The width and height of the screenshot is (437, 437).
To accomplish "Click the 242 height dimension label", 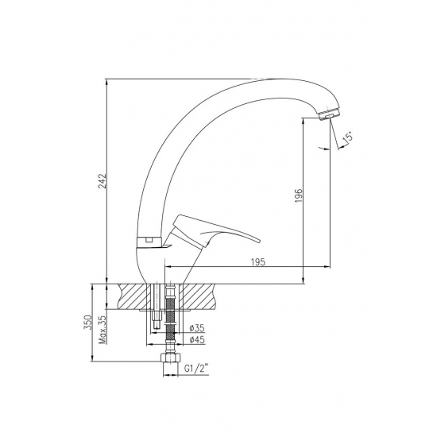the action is pyautogui.click(x=102, y=181).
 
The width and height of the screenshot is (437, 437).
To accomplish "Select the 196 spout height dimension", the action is pyautogui.click(x=299, y=195).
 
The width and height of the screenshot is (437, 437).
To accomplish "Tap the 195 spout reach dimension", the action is pyautogui.click(x=258, y=262).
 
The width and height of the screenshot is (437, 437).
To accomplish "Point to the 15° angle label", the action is pyautogui.click(x=348, y=139).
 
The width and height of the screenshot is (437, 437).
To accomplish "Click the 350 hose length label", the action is pyautogui.click(x=87, y=322).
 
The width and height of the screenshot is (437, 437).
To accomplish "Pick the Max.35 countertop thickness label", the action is pyautogui.click(x=102, y=330).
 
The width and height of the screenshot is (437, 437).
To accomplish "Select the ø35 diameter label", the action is pyautogui.click(x=197, y=328).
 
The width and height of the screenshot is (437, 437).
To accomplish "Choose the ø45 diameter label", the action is pyautogui.click(x=197, y=340).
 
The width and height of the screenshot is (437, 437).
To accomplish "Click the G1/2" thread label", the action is pyautogui.click(x=197, y=369).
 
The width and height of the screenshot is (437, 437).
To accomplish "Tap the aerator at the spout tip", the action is pyautogui.click(x=329, y=114).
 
